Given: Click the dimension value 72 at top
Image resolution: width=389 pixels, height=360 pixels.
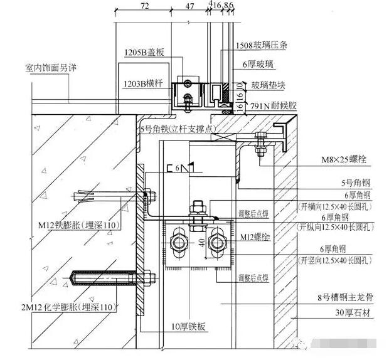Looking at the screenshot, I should (x=145, y=6).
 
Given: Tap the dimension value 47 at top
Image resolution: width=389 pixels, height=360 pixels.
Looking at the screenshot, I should (x=190, y=6).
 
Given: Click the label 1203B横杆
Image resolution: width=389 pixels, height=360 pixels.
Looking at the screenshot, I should (x=146, y=82).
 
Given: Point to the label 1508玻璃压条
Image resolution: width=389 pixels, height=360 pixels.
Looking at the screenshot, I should (x=262, y=46).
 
